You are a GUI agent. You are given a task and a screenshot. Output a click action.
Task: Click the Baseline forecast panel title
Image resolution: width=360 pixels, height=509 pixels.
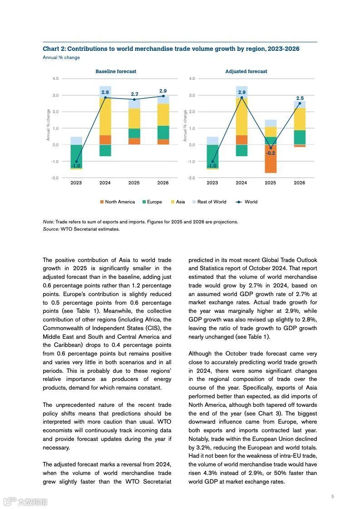(116, 71)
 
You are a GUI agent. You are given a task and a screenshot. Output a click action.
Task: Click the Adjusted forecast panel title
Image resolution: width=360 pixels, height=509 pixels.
(246, 71)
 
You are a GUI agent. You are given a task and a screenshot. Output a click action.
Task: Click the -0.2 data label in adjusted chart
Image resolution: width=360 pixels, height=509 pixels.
(270, 153)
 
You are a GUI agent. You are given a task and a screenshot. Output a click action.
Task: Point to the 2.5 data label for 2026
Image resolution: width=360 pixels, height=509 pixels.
(300, 98)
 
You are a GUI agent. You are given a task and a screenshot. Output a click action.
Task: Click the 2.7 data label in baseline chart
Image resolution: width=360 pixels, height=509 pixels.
(134, 94)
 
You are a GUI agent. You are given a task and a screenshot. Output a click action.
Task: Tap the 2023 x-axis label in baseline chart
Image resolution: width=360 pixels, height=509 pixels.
(76, 183)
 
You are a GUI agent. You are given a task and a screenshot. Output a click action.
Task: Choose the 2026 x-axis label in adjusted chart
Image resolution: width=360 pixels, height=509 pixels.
(300, 183)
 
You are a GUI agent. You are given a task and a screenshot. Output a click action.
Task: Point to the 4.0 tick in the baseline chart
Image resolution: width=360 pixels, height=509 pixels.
(55, 79)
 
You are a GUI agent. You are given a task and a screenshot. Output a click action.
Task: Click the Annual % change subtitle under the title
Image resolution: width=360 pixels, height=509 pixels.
(61, 58)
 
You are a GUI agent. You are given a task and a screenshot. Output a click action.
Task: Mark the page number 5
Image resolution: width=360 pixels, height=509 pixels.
(333, 496)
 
